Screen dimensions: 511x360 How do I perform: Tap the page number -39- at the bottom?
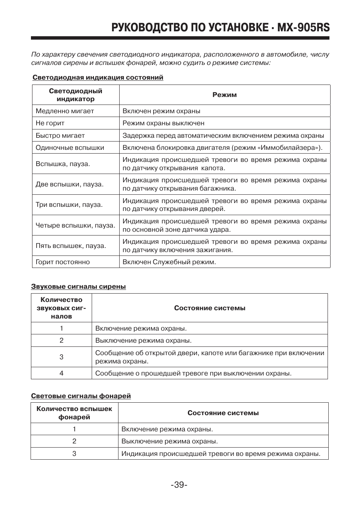coord(179,485)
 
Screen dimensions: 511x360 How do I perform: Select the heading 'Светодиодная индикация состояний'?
coord(98,77)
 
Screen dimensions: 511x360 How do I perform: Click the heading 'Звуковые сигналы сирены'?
coord(78,286)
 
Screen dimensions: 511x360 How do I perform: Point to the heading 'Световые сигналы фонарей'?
coord(81,396)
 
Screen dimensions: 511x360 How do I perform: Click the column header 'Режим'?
coord(225,95)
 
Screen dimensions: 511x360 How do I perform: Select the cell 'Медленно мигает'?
coord(65,111)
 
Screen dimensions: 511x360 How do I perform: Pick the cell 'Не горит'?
coord(50,123)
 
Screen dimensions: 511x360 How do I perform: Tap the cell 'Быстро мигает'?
coord(60,135)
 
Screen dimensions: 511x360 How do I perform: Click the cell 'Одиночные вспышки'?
coord(70,148)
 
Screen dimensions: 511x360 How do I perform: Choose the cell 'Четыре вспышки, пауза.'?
coord(75,225)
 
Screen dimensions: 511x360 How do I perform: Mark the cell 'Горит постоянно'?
coord(63,262)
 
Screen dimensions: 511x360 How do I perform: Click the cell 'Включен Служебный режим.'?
coord(169,262)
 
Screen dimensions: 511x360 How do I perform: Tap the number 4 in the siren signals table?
coord(62,373)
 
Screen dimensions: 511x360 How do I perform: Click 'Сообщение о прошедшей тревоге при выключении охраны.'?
coord(193,373)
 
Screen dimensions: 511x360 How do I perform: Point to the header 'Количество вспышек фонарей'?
coord(74,413)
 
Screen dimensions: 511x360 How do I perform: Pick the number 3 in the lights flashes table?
coord(74,453)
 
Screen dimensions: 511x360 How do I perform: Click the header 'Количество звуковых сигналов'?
coord(62,308)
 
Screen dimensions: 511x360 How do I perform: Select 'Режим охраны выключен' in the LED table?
coord(163,123)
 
